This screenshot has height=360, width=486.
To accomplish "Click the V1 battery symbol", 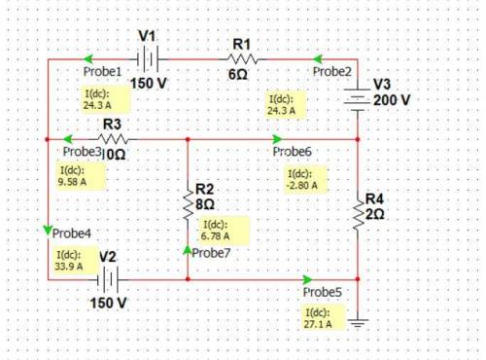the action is (x=148, y=59).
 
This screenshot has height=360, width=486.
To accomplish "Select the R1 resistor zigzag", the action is (x=243, y=59).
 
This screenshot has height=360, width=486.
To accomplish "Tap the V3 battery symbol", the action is (x=358, y=99).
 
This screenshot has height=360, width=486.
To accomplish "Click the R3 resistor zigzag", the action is (x=113, y=139).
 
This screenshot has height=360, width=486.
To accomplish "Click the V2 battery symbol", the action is (x=108, y=279).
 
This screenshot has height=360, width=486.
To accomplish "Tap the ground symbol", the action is (x=358, y=323).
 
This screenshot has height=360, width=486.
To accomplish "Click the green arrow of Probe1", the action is (x=88, y=59).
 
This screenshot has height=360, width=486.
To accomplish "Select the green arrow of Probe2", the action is (x=318, y=59).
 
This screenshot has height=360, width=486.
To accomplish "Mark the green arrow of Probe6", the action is (x=277, y=139).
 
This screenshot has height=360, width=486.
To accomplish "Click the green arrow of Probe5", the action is (x=307, y=279).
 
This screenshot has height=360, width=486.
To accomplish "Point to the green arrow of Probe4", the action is (x=48, y=231).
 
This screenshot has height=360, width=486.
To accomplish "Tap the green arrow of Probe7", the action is (x=188, y=250).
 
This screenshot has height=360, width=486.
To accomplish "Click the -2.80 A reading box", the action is (x=305, y=179).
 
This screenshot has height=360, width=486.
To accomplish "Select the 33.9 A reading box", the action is (x=76, y=260).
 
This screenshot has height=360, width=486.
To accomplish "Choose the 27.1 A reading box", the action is (x=323, y=318).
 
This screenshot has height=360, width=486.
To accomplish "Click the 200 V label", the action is (x=392, y=100).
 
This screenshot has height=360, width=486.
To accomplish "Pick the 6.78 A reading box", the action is (x=224, y=230).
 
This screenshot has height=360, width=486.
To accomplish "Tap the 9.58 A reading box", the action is (x=82, y=176).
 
